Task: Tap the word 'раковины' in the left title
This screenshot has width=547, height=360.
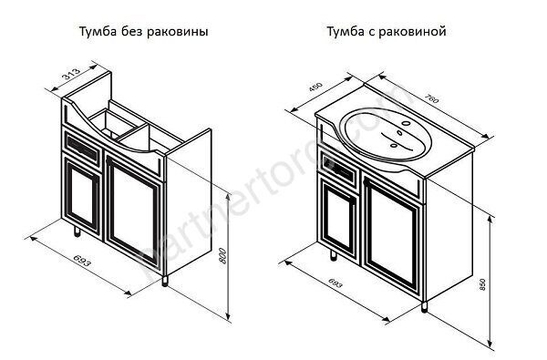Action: [181, 32]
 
